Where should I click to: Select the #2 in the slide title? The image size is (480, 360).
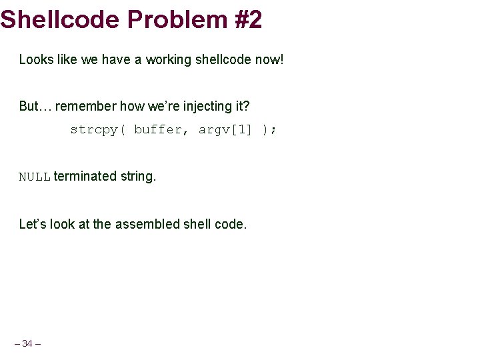point(248,19)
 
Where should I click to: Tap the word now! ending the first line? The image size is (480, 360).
point(269,59)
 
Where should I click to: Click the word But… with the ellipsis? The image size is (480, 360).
point(33,106)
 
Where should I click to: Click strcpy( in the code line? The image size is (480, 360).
point(97,129)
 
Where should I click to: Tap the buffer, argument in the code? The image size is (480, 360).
point(161,129)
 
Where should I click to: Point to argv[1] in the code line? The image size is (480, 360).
point(225,129)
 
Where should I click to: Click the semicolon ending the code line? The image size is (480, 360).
point(273,129)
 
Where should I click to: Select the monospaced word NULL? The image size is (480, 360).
point(35,177)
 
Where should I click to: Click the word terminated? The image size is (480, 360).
point(85,177)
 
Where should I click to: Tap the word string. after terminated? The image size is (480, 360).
point(138,177)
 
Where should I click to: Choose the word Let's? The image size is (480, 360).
point(33,224)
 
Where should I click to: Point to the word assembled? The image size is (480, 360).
point(144,224)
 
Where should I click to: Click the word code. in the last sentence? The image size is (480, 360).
point(231,224)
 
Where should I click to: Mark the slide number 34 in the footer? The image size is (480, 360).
point(27,343)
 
